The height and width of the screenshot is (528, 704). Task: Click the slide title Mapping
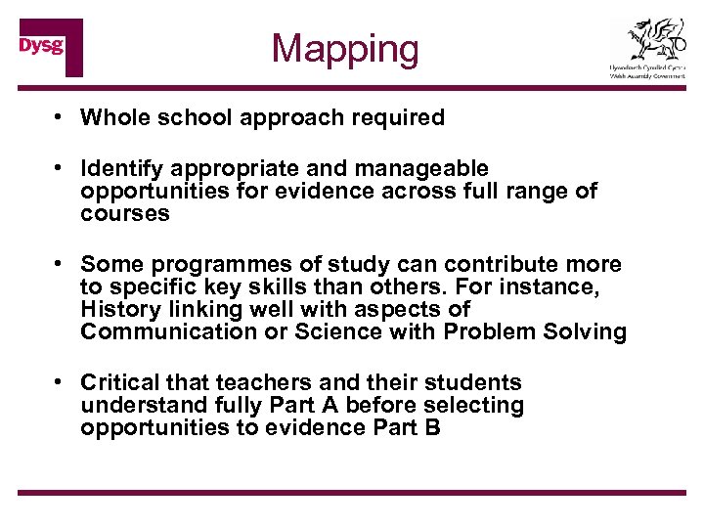345,48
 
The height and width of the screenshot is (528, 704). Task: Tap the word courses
125,214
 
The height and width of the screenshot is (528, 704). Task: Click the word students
473,382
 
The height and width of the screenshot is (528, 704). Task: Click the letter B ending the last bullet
433,427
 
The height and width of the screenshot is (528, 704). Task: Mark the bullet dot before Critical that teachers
61,382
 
